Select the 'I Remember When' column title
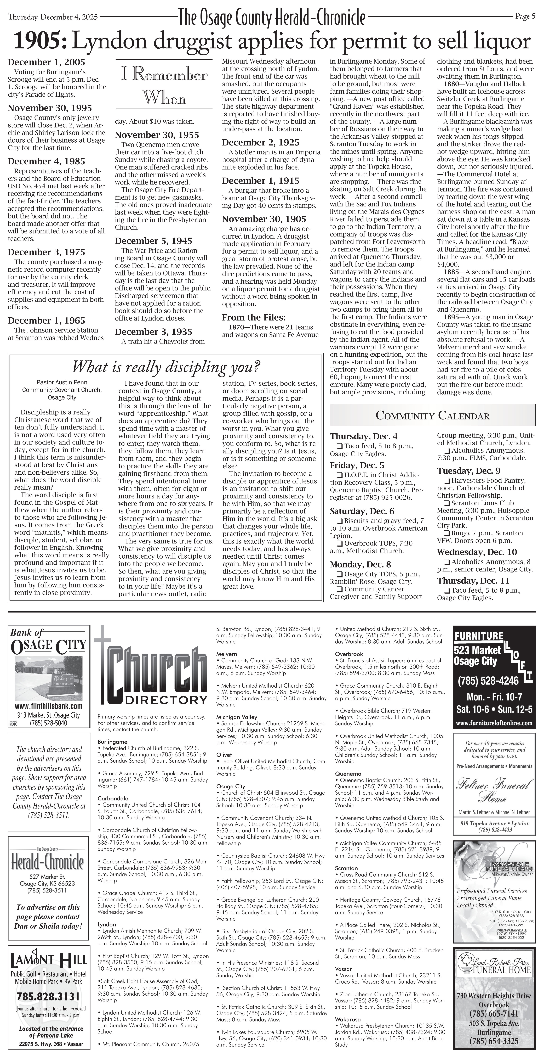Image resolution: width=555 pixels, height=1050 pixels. coord(164,86)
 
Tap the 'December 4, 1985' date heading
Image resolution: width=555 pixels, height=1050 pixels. coord(47,161)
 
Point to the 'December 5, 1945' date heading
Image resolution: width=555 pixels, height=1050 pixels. coord(153,241)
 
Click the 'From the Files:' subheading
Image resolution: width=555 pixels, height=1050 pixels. coord(253,318)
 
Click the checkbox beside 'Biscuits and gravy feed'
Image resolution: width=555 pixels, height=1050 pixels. coord(339,521)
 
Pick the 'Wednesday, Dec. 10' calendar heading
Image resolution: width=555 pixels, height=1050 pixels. coord(477,552)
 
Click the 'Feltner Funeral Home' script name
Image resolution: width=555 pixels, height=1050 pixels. coord(494,790)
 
